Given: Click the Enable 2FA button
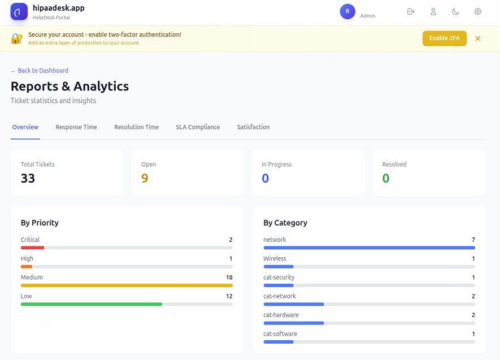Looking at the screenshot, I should pyautogui.click(x=444, y=38).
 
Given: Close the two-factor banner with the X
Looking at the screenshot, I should pyautogui.click(x=478, y=38).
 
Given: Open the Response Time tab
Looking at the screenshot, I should pyautogui.click(x=76, y=127).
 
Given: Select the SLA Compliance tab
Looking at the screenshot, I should pyautogui.click(x=198, y=127).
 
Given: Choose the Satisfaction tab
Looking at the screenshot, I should pyautogui.click(x=253, y=127).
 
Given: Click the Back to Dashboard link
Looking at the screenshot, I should pyautogui.click(x=40, y=71).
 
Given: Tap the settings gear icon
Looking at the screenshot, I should pyautogui.click(x=478, y=11).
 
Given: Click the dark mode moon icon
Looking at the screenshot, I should pyautogui.click(x=455, y=11).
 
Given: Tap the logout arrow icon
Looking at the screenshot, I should pyautogui.click(x=411, y=11).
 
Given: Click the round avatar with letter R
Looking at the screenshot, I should pyautogui.click(x=347, y=11).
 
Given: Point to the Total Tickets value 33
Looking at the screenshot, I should pyautogui.click(x=28, y=179).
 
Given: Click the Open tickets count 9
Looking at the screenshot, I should pyautogui.click(x=145, y=179).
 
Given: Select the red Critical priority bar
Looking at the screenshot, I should pyautogui.click(x=32, y=248).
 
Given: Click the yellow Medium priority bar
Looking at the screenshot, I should pyautogui.click(x=127, y=285).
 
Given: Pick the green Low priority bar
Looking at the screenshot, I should pyautogui.click(x=91, y=304).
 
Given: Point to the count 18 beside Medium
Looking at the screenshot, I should pyautogui.click(x=229, y=277).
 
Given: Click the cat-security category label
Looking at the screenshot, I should pyautogui.click(x=279, y=277).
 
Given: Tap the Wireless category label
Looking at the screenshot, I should pyautogui.click(x=275, y=258).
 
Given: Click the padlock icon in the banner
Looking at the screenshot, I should pyautogui.click(x=17, y=38).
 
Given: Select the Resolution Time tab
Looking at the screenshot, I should pyautogui.click(x=136, y=127).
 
